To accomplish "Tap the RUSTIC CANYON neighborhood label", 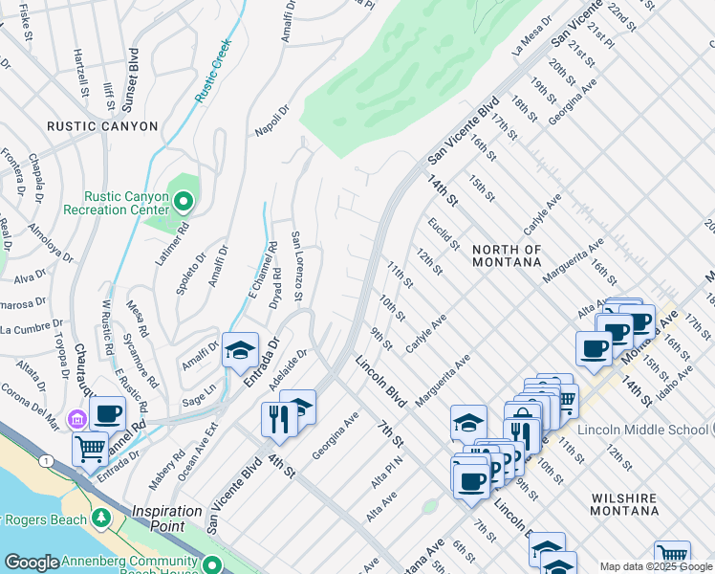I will tap(102, 126).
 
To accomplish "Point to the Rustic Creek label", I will tap(213, 71).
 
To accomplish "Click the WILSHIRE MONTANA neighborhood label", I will tap(627, 505).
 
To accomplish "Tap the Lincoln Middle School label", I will tap(645, 430).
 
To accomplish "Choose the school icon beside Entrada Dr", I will tap(240, 350).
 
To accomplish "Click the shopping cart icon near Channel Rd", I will tap(91, 448).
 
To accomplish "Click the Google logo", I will tap(32, 563).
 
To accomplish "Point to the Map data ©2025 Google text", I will tap(655, 566).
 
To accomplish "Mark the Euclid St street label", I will tap(444, 232).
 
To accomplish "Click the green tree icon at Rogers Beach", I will tap(101, 519).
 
